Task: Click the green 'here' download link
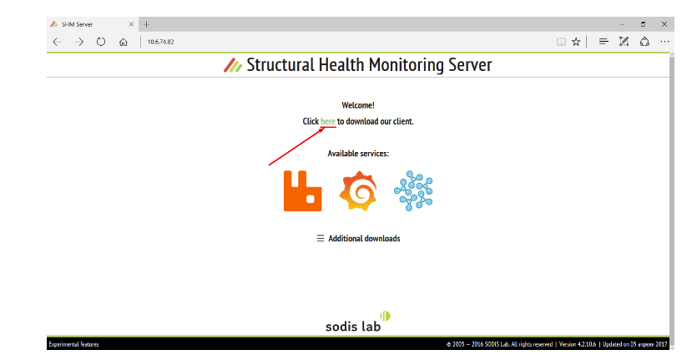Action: coord(328,121)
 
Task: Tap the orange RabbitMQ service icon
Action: coord(302,191)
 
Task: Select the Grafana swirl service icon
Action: coord(358,191)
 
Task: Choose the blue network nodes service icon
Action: coord(413,190)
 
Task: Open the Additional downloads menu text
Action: coord(364,239)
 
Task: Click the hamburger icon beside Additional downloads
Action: coord(321,238)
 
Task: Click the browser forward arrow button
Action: coord(79,42)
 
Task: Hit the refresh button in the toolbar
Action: coord(101,42)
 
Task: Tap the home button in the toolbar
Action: coord(123,42)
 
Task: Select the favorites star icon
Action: coord(576,42)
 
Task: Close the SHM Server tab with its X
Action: coord(131,24)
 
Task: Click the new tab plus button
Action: coord(146,24)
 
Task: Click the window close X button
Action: coord(664,24)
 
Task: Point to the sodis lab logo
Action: coord(357,322)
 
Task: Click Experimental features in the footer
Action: coord(73,344)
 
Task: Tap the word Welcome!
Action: coord(358,105)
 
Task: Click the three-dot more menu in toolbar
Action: coord(664,42)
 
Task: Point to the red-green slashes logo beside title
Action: coord(233,65)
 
